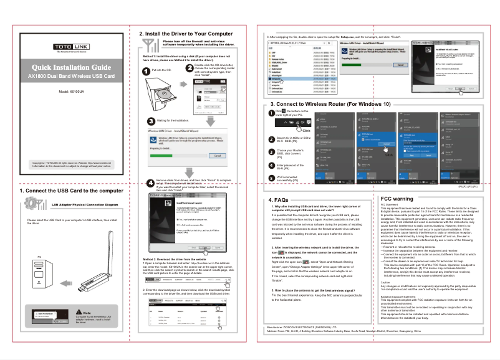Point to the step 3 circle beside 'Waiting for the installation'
click(149, 120)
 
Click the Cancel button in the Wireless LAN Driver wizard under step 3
click(218, 155)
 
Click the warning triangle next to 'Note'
click(79, 312)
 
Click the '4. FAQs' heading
click(279, 200)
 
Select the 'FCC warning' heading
click(401, 199)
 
